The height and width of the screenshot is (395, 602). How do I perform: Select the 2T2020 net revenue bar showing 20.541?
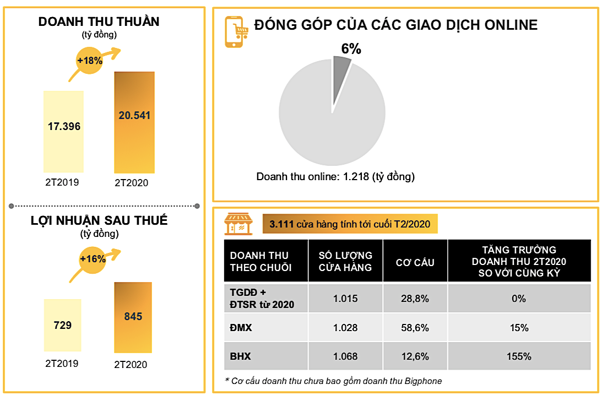click(134, 122)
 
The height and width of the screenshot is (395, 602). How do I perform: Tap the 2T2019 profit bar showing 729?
click(62, 325)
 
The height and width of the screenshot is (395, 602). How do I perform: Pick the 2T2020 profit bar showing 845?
click(133, 317)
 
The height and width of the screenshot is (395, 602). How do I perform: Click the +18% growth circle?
click(90, 61)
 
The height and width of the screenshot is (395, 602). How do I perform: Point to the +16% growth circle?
click(92, 258)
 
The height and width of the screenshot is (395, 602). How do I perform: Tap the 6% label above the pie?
click(351, 49)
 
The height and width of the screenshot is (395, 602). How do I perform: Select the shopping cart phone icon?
click(235, 31)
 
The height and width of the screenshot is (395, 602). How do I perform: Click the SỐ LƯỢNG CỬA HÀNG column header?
click(345, 261)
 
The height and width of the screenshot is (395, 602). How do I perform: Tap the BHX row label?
click(240, 356)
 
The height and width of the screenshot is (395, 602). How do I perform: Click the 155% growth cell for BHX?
click(519, 356)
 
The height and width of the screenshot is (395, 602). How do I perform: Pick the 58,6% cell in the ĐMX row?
click(415, 328)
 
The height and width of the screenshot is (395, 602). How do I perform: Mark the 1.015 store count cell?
click(345, 299)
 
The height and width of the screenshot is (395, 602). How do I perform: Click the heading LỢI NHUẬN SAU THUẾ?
click(99, 221)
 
